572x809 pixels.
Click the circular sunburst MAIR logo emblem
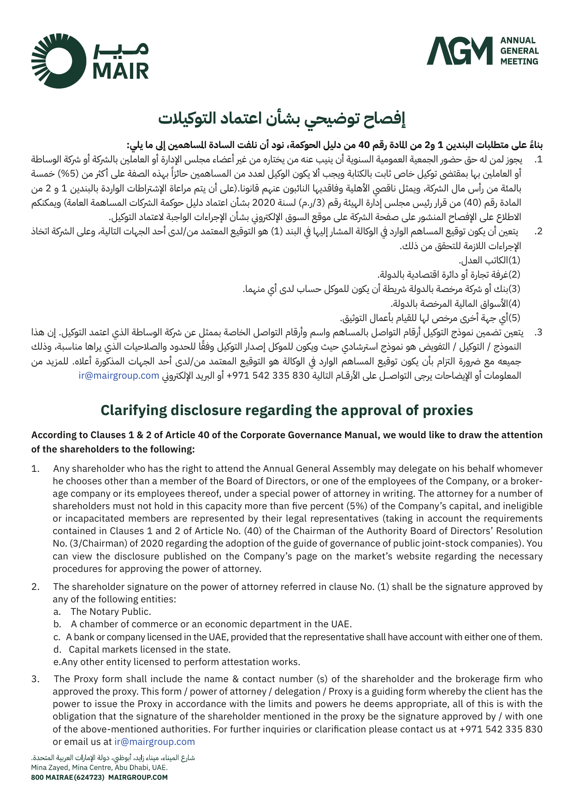(59, 60)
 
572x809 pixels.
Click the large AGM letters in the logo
(456, 51)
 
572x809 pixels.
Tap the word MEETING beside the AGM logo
(519, 61)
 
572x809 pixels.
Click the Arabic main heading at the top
(282, 119)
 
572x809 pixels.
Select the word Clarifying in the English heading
(133, 410)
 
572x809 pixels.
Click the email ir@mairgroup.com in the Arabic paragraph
(119, 375)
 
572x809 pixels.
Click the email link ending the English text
(154, 742)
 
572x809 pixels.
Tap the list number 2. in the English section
(35, 587)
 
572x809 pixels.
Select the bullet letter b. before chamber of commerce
(57, 624)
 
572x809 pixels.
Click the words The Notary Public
(111, 612)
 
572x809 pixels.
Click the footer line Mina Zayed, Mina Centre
(99, 767)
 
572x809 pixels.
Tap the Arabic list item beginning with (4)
(455, 303)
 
